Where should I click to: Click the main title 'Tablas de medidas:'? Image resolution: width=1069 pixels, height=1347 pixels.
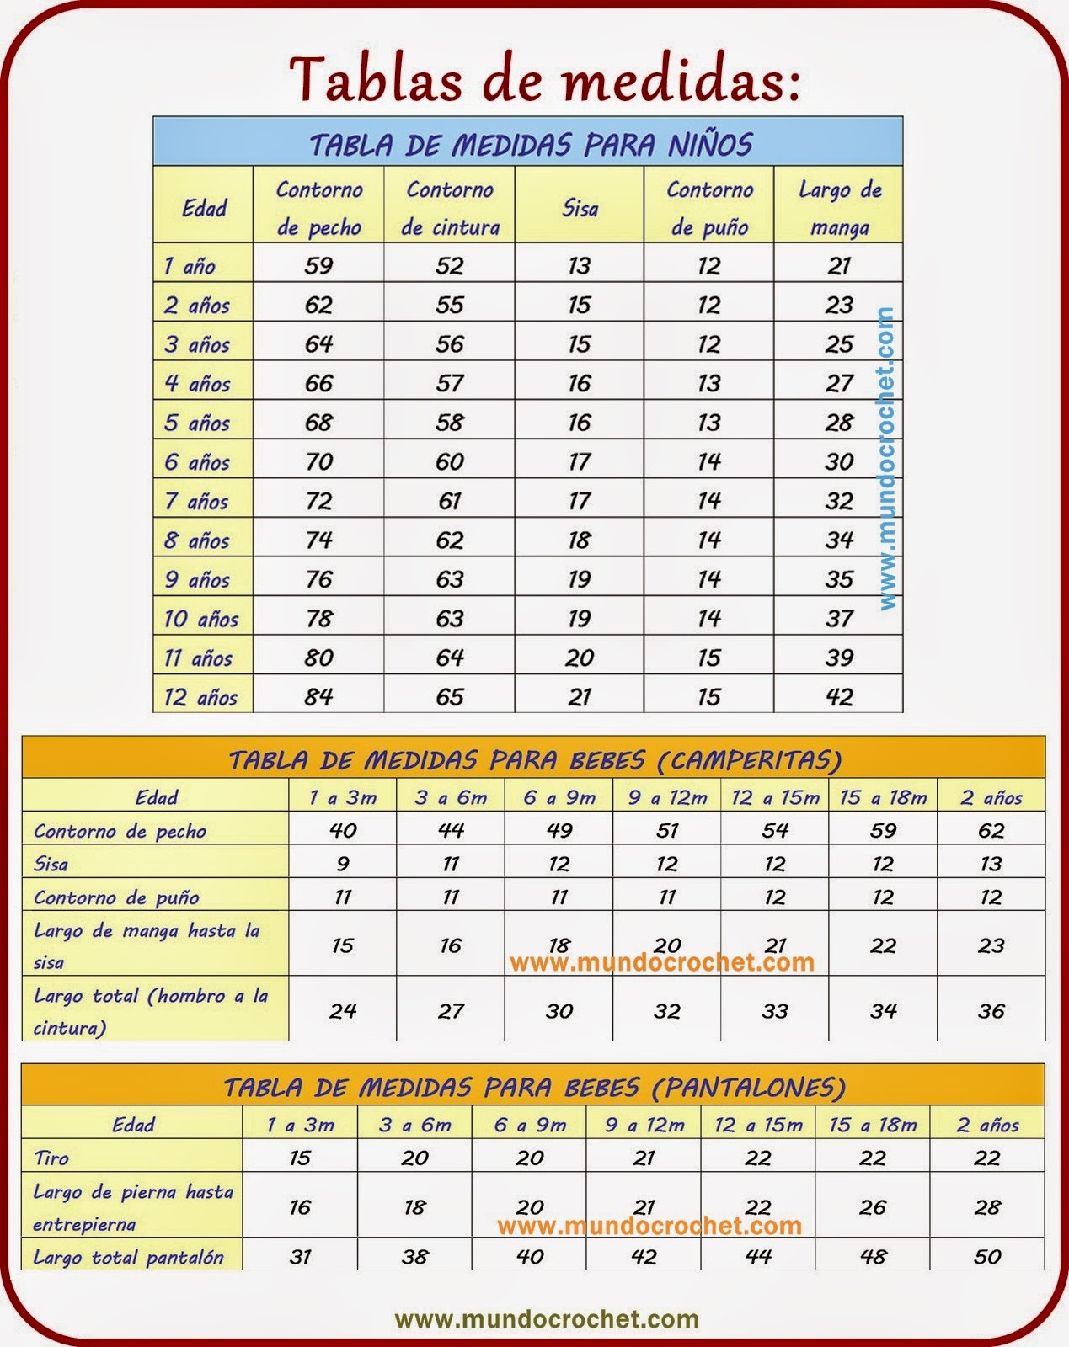(543, 80)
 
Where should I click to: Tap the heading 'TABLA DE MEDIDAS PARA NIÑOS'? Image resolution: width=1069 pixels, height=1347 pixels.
(530, 144)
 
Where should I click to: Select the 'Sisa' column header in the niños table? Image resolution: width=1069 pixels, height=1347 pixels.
(580, 208)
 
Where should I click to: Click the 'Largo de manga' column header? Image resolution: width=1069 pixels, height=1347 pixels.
(839, 208)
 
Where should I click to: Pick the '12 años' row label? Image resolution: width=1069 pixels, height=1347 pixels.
(200, 697)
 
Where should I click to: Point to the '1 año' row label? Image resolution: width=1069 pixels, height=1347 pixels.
(190, 266)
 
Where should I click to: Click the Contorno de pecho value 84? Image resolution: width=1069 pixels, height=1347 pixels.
(318, 697)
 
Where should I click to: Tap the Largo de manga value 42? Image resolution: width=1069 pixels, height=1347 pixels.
(839, 697)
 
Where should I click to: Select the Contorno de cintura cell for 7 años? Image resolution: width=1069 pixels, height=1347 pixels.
(449, 501)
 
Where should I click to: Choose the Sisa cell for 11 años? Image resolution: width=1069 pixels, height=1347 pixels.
(580, 658)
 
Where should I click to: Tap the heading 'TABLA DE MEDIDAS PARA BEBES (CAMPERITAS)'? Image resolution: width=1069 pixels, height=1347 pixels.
(535, 760)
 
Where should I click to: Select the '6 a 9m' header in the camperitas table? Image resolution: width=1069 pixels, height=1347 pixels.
(559, 797)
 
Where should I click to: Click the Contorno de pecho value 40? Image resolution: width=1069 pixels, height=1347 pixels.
(343, 831)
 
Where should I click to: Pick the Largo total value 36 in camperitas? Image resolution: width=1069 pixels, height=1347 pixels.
(991, 1010)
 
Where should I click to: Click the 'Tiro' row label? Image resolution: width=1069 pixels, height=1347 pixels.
(51, 1158)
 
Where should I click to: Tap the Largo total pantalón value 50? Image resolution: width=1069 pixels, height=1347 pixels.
(986, 1257)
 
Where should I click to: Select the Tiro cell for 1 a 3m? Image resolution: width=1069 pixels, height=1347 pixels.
(300, 1158)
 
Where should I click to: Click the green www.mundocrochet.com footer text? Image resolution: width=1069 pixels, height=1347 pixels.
(547, 1319)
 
